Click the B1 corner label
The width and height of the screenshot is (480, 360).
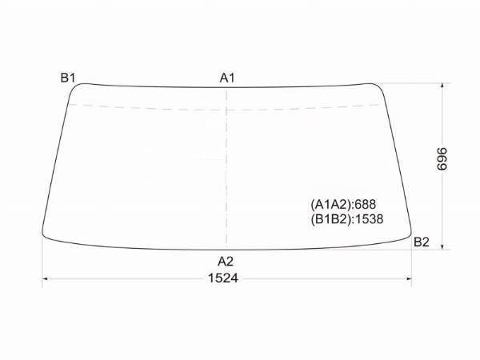(67, 78)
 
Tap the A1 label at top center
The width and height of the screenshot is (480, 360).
(227, 78)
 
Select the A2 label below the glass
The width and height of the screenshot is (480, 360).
(226, 261)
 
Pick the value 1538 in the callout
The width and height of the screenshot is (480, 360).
(370, 218)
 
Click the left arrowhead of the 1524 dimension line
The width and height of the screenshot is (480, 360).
(45, 278)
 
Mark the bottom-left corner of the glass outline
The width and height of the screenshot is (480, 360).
(46, 236)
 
